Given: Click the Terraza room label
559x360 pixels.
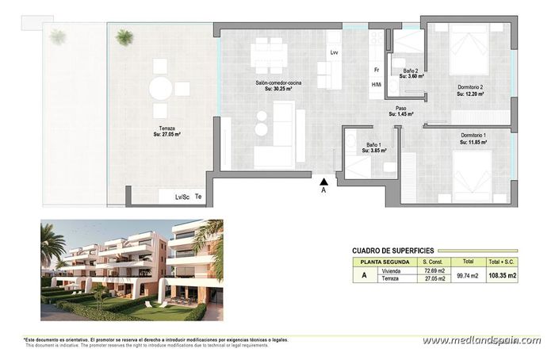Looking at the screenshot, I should (x=167, y=131).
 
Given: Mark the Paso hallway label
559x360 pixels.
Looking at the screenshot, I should (x=401, y=110).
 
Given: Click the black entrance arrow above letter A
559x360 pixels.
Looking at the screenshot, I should (x=324, y=181).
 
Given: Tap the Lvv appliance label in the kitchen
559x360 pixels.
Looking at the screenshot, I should (x=335, y=53).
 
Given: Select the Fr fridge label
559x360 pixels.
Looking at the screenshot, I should (x=377, y=70).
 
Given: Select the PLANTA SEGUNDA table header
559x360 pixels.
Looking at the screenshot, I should (x=385, y=261).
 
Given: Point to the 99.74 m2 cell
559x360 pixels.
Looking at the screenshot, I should (x=468, y=274).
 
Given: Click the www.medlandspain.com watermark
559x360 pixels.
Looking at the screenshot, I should (x=481, y=340).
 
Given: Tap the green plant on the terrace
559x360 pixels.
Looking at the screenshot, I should (x=124, y=36).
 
